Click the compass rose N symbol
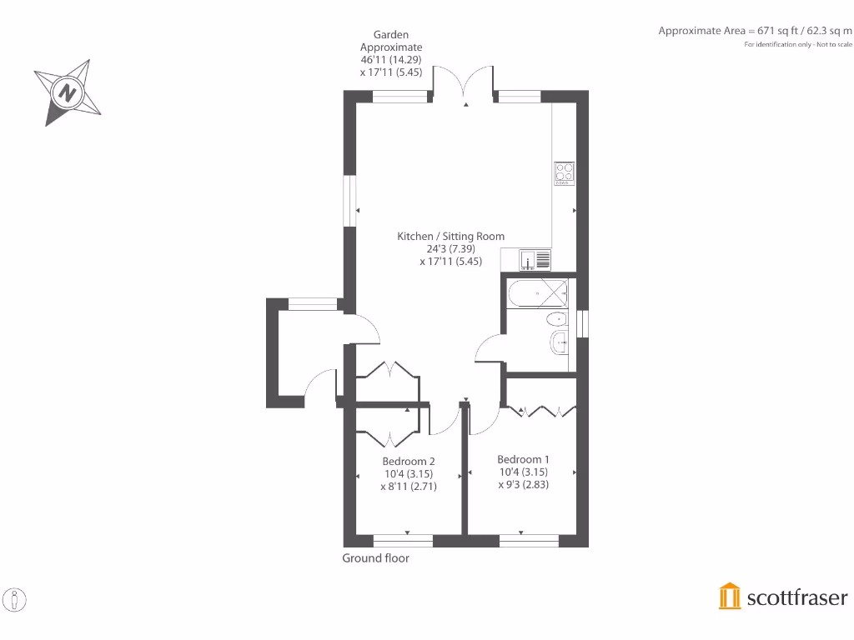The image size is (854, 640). pyautogui.click(x=67, y=92)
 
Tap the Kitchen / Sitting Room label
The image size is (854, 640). pyautogui.click(x=450, y=237)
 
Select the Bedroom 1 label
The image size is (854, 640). pyautogui.click(x=523, y=459)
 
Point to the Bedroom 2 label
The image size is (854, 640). pyautogui.click(x=409, y=462)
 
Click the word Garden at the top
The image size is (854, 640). pyautogui.click(x=391, y=35)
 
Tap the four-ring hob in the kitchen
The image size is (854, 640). pyautogui.click(x=564, y=172)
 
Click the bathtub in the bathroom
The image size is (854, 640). pyautogui.click(x=537, y=293)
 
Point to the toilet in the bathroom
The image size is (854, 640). pyautogui.click(x=555, y=320)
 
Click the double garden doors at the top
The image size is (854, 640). pyautogui.click(x=465, y=83)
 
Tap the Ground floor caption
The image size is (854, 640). pyautogui.click(x=375, y=558)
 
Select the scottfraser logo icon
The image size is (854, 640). pyautogui.click(x=730, y=597)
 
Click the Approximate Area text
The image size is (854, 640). pyautogui.click(x=756, y=31)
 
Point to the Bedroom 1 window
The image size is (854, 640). pyautogui.click(x=529, y=541)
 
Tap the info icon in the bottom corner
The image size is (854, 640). pyautogui.click(x=16, y=599)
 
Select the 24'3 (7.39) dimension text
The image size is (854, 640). pyautogui.click(x=450, y=248)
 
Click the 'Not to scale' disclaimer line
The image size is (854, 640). pyautogui.click(x=798, y=44)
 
